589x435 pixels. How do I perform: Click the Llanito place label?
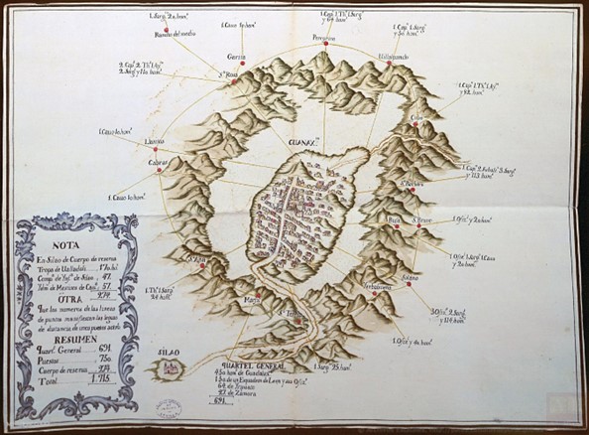[157, 141]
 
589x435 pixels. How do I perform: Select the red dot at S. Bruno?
[420, 226]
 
